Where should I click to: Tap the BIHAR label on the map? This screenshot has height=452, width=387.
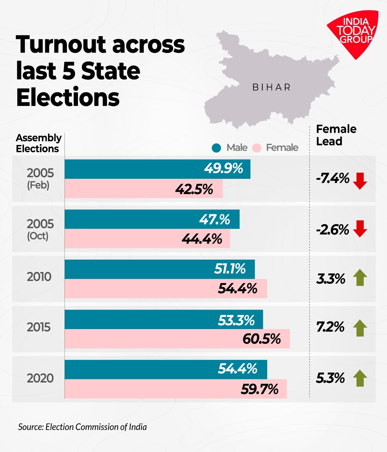coord(271,87)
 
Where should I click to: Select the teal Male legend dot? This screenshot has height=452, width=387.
coord(216,148)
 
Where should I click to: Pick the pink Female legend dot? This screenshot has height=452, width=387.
coord(256,148)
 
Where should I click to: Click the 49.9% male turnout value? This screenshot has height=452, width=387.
coord(223,168)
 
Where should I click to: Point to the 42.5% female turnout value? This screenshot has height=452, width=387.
coord(194,189)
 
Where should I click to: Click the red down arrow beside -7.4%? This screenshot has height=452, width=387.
coord(360,181)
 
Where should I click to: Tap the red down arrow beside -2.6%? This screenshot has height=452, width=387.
coord(360,229)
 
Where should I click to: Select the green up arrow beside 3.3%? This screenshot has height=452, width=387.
coord(360,277)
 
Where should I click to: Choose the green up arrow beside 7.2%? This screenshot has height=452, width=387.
coord(360,328)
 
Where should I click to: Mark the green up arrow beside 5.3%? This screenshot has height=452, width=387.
coord(360,378)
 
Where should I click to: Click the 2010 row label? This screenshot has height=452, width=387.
coord(39,277)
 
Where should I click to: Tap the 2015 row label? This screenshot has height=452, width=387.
coord(39,327)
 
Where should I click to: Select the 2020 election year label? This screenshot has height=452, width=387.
coord(40,378)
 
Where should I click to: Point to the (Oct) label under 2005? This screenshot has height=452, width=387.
coord(38,236)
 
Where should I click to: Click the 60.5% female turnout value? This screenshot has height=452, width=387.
coord(262,339)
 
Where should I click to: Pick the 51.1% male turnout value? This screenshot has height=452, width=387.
coord(230,269)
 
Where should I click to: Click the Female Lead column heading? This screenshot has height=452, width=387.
coord(336,135)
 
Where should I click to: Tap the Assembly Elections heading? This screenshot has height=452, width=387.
coord(38,143)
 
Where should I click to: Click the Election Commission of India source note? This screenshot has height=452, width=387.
coord(82,427)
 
